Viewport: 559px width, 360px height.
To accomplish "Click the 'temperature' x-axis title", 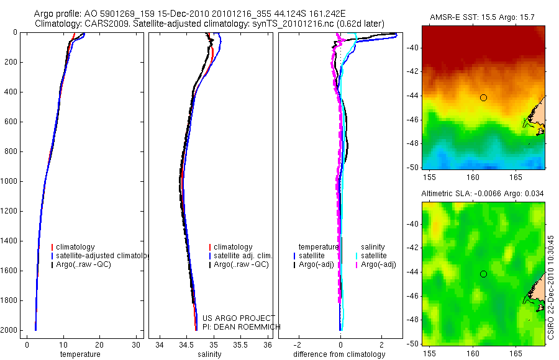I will coord(80,354).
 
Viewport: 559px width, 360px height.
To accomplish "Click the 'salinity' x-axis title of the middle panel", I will coord(209,354).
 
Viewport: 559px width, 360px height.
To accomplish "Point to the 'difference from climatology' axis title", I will coord(339,354).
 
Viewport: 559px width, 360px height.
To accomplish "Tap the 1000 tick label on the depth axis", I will coord(8,181).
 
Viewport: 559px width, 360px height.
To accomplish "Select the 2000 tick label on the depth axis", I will coord(8,330).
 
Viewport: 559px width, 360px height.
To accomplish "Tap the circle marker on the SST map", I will coord(483,97).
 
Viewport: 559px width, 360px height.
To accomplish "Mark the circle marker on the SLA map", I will coord(483,274).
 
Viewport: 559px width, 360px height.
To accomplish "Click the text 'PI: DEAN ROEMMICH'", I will coord(242,326).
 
